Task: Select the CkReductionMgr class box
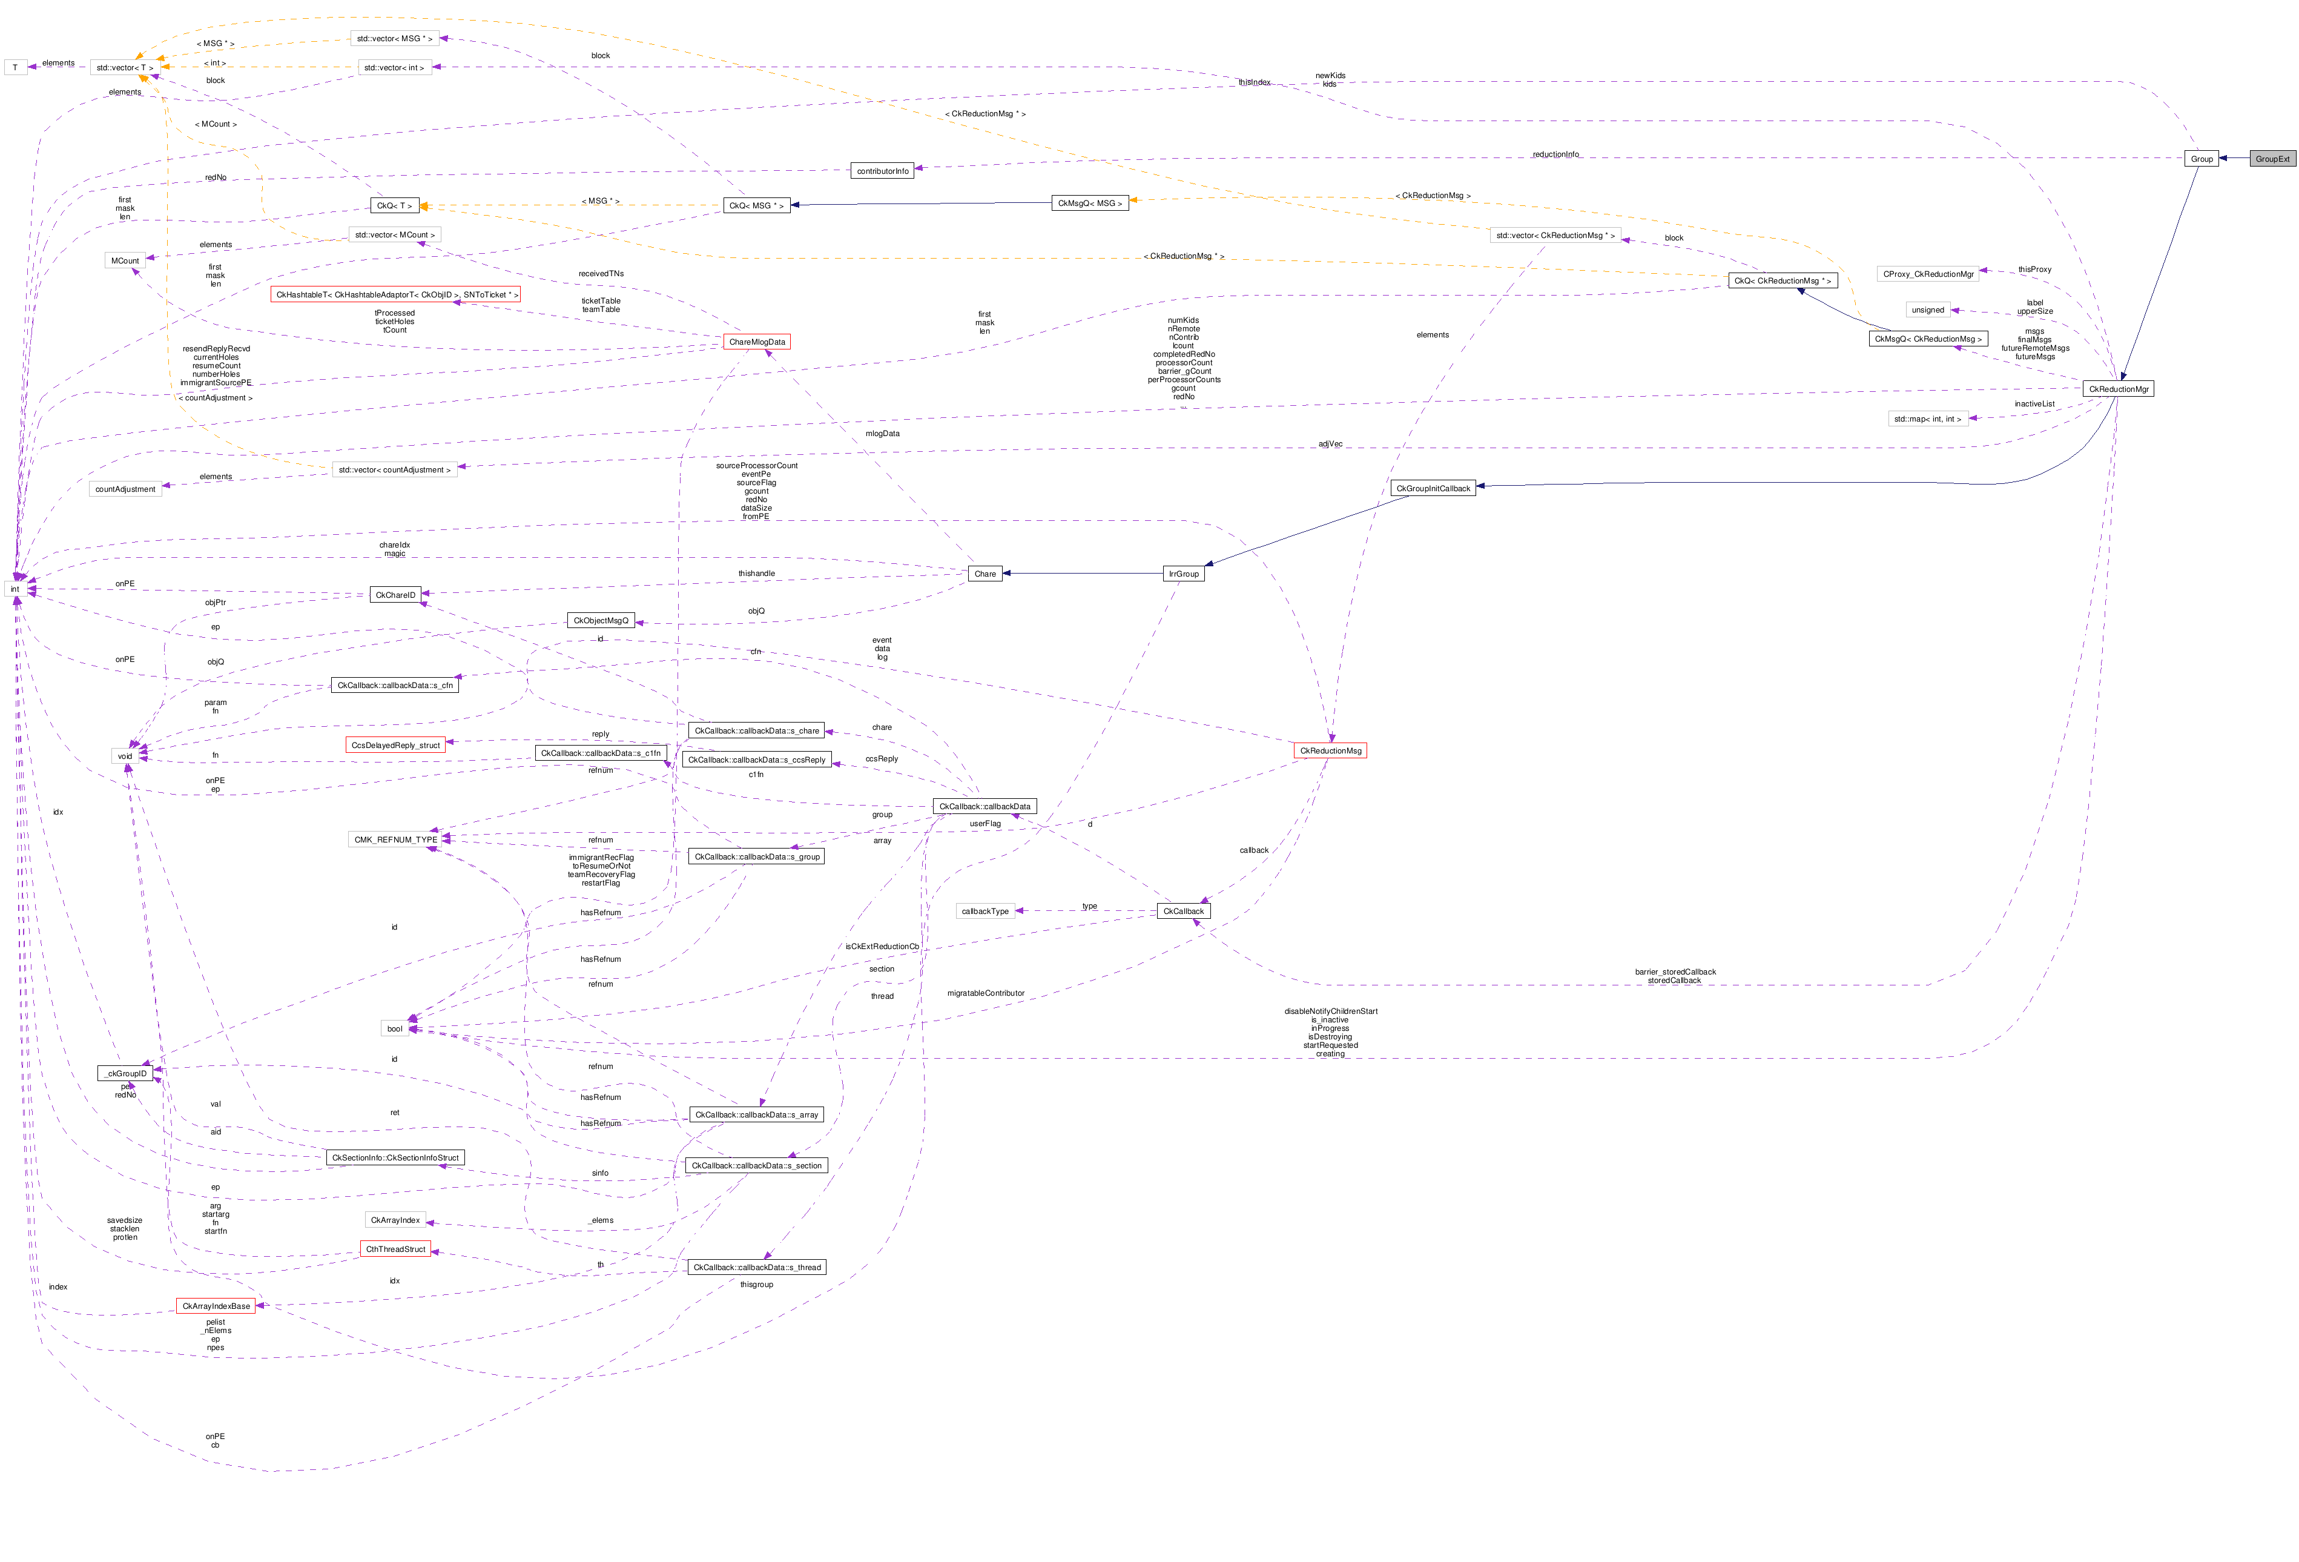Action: coord(2118,389)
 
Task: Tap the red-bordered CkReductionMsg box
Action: coord(1330,751)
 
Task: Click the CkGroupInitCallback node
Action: coord(1433,489)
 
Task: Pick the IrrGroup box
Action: coord(1183,574)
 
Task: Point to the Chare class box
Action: coord(985,574)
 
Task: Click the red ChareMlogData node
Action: coord(757,342)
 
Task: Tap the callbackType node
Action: coord(985,911)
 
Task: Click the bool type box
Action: coord(395,1029)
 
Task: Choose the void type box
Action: coord(125,756)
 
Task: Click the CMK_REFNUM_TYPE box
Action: coord(396,840)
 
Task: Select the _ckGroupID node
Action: coord(125,1073)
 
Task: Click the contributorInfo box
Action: coord(882,171)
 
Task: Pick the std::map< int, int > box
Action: coord(1927,419)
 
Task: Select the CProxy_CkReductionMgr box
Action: coord(1927,274)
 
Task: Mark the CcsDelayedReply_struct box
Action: coord(396,745)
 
